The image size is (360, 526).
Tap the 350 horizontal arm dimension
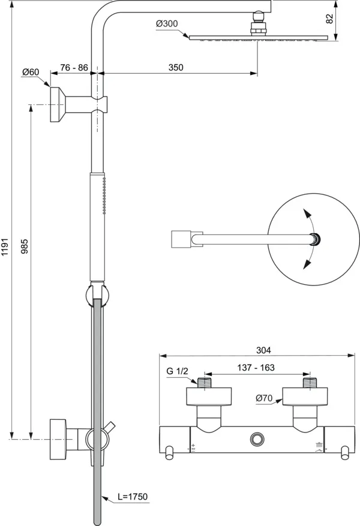(x=175, y=68)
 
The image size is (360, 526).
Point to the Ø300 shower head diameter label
(x=167, y=24)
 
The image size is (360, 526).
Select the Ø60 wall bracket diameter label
(x=31, y=72)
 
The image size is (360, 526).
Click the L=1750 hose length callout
(x=132, y=497)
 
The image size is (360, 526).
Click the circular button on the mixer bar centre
(x=259, y=439)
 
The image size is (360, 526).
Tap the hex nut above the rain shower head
(x=259, y=28)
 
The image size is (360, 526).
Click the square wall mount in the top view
(x=181, y=238)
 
